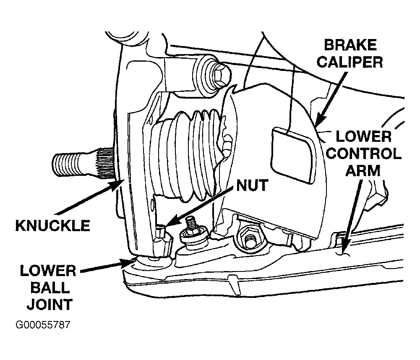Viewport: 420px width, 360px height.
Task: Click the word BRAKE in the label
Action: pyautogui.click(x=350, y=45)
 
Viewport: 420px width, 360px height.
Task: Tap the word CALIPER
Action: pyautogui.click(x=350, y=62)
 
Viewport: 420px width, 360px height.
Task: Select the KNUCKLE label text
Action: pyautogui.click(x=53, y=225)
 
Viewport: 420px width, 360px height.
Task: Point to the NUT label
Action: pyautogui.click(x=252, y=185)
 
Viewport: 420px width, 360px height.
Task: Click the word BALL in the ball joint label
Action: pyautogui.click(x=50, y=288)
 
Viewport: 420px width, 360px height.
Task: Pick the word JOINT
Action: pyautogui.click(x=50, y=304)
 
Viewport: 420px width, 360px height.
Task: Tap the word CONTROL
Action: pyautogui.click(x=364, y=154)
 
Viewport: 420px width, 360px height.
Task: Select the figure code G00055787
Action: pyautogui.click(x=43, y=325)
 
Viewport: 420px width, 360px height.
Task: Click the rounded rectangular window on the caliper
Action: pyautogui.click(x=294, y=155)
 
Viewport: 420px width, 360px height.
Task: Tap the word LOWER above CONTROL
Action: pyautogui.click(x=363, y=137)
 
